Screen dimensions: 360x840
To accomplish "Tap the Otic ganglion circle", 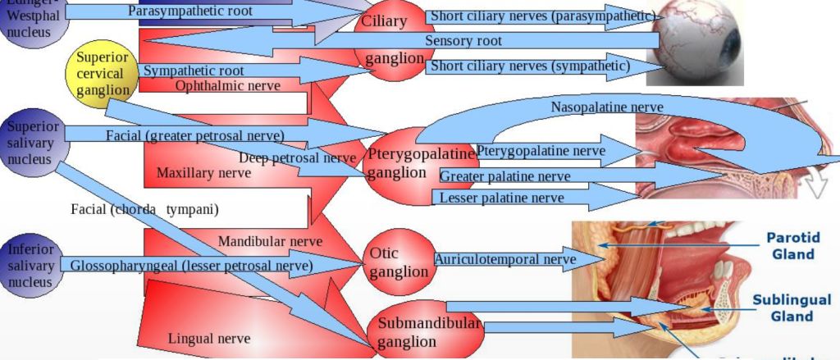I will click(399, 262).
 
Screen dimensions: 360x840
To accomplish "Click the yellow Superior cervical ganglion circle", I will click(101, 74).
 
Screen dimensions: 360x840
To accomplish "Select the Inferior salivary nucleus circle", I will click(31, 264).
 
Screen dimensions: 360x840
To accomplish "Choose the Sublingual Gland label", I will click(792, 308).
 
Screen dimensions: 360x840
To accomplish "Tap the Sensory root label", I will click(463, 41).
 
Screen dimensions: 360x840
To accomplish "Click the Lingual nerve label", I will click(208, 337).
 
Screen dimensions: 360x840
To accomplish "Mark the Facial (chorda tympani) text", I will click(144, 209).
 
